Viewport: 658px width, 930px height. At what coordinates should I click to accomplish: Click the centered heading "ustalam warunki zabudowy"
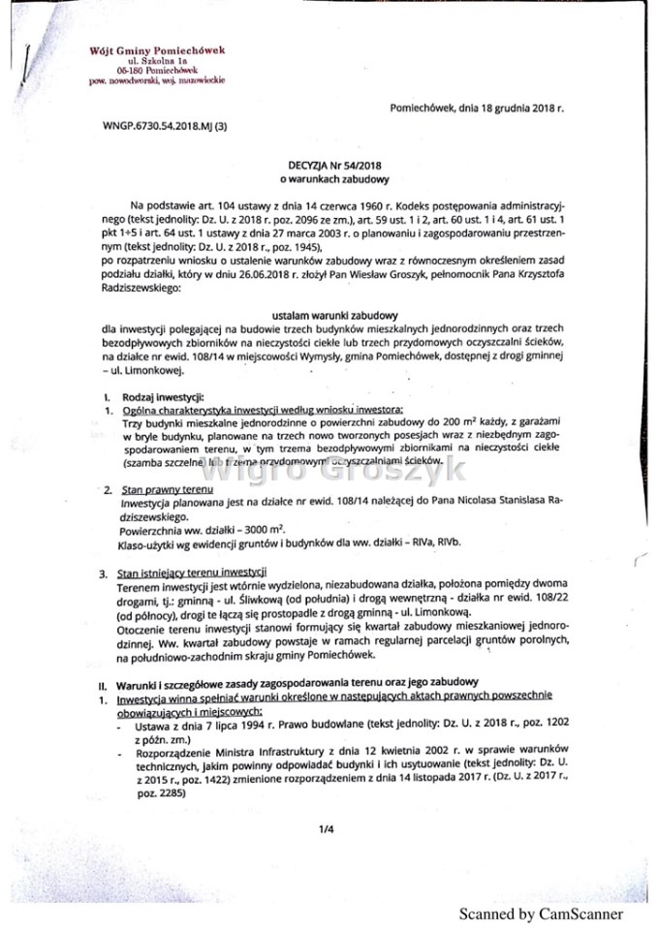click(x=335, y=316)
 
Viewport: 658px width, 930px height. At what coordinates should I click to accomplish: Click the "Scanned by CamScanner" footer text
click(x=541, y=914)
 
